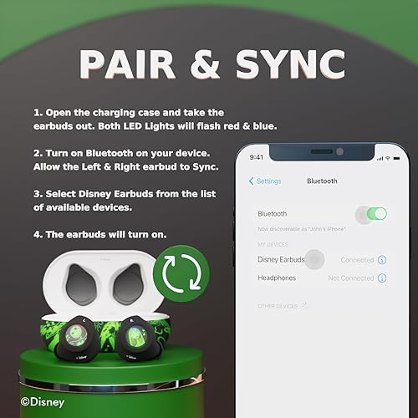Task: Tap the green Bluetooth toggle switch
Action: (x=375, y=214)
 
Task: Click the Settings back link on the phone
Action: (x=265, y=181)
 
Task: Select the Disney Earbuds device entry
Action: (x=281, y=260)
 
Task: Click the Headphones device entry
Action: (x=277, y=278)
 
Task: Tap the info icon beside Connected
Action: (x=382, y=260)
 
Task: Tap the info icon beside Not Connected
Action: (x=382, y=278)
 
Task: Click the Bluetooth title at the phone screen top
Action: (x=322, y=181)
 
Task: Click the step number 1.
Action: (x=38, y=112)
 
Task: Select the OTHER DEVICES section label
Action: (x=278, y=306)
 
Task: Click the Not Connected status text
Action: (x=351, y=278)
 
